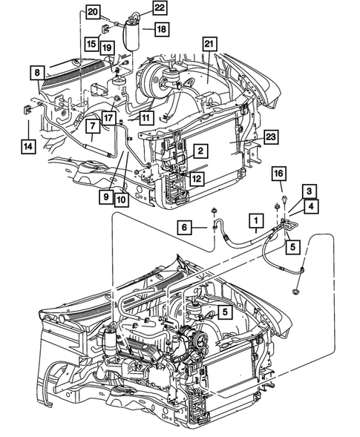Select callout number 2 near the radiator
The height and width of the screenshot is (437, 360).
[199, 151]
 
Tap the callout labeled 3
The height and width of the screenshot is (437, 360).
[305, 191]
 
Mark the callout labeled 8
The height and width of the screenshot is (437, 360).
[35, 72]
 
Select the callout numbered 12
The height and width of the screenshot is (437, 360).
[196, 178]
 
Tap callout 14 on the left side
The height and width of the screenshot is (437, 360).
[27, 146]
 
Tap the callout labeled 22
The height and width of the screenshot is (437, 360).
[160, 7]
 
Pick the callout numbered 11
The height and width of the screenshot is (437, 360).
[145, 117]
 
